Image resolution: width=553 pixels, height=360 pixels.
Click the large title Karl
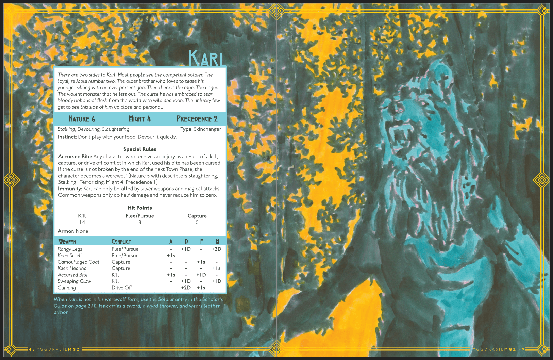tap(207, 59)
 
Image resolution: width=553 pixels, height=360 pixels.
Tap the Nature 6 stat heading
tap(82, 119)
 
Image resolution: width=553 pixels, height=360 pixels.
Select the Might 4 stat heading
tap(140, 119)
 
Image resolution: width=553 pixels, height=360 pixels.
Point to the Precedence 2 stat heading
tap(197, 119)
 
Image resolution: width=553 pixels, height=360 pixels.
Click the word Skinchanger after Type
tap(207, 129)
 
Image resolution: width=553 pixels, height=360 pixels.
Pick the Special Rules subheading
tap(140, 149)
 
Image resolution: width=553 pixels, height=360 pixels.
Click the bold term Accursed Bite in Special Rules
tap(75, 157)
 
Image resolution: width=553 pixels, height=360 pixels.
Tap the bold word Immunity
tap(70, 189)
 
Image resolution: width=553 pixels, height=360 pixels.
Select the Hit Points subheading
tap(140, 208)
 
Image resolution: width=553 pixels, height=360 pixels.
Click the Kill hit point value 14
tap(82, 222)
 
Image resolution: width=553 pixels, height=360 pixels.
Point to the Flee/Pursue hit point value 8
tap(140, 222)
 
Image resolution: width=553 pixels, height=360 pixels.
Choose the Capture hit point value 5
tap(197, 222)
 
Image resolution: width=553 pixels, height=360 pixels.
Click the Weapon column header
tap(67, 241)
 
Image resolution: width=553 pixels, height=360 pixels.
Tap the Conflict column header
tap(121, 241)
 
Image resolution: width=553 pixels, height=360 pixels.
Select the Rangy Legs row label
tap(70, 249)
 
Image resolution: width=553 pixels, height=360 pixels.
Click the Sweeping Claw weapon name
tap(74, 281)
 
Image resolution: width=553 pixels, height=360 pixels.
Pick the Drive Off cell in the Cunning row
tap(122, 288)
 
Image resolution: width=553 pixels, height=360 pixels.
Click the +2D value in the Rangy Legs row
tap(216, 249)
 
